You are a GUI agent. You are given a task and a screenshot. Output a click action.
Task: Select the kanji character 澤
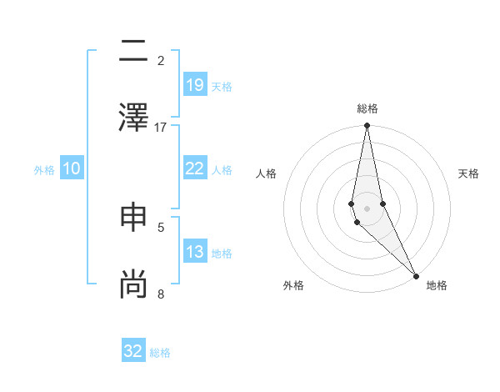pyautogui.click(x=133, y=116)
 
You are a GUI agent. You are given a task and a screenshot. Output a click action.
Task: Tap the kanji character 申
pyautogui.click(x=133, y=217)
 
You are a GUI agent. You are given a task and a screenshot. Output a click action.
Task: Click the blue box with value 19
pyautogui.click(x=194, y=85)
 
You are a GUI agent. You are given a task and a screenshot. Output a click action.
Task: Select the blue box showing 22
pyautogui.click(x=194, y=168)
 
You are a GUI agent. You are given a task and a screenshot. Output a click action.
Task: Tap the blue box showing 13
pyautogui.click(x=194, y=252)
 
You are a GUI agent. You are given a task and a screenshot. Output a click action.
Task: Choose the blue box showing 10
pyautogui.click(x=72, y=168)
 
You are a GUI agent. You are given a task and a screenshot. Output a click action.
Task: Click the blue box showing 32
pyautogui.click(x=133, y=351)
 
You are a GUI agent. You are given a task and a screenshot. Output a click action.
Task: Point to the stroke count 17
pyautogui.click(x=161, y=127)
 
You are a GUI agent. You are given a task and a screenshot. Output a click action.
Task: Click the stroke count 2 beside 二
pyautogui.click(x=161, y=61)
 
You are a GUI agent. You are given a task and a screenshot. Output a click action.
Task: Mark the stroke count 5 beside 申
pyautogui.click(x=161, y=227)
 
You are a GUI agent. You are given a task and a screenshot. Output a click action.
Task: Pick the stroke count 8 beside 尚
pyautogui.click(x=161, y=294)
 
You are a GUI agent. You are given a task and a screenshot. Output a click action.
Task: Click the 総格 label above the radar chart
pyautogui.click(x=367, y=108)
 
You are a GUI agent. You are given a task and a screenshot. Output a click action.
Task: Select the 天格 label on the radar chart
pyautogui.click(x=469, y=173)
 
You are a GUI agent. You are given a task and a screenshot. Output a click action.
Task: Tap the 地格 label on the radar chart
pyautogui.click(x=437, y=285)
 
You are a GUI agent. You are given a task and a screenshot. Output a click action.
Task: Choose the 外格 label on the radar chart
pyautogui.click(x=293, y=285)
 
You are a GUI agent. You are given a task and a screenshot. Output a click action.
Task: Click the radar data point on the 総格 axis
pyautogui.click(x=367, y=126)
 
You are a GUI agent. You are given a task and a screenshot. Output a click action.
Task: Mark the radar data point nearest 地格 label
pyautogui.click(x=416, y=274)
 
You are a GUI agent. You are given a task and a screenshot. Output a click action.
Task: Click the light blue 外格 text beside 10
pyautogui.click(x=44, y=169)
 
